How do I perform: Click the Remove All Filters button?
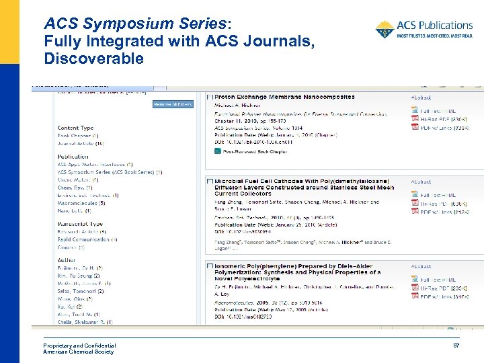(173, 104)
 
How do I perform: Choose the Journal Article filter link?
(80, 143)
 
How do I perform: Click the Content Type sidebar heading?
(75, 128)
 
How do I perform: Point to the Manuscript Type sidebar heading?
(80, 224)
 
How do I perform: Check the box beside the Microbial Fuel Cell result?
(210, 182)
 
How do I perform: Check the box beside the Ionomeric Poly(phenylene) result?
(210, 266)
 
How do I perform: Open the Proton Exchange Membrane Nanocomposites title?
(284, 97)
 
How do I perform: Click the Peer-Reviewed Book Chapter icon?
(218, 151)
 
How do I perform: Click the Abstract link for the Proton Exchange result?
(421, 97)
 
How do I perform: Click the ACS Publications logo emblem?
(385, 29)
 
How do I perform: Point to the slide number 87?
(455, 346)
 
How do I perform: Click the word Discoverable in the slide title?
(93, 58)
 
